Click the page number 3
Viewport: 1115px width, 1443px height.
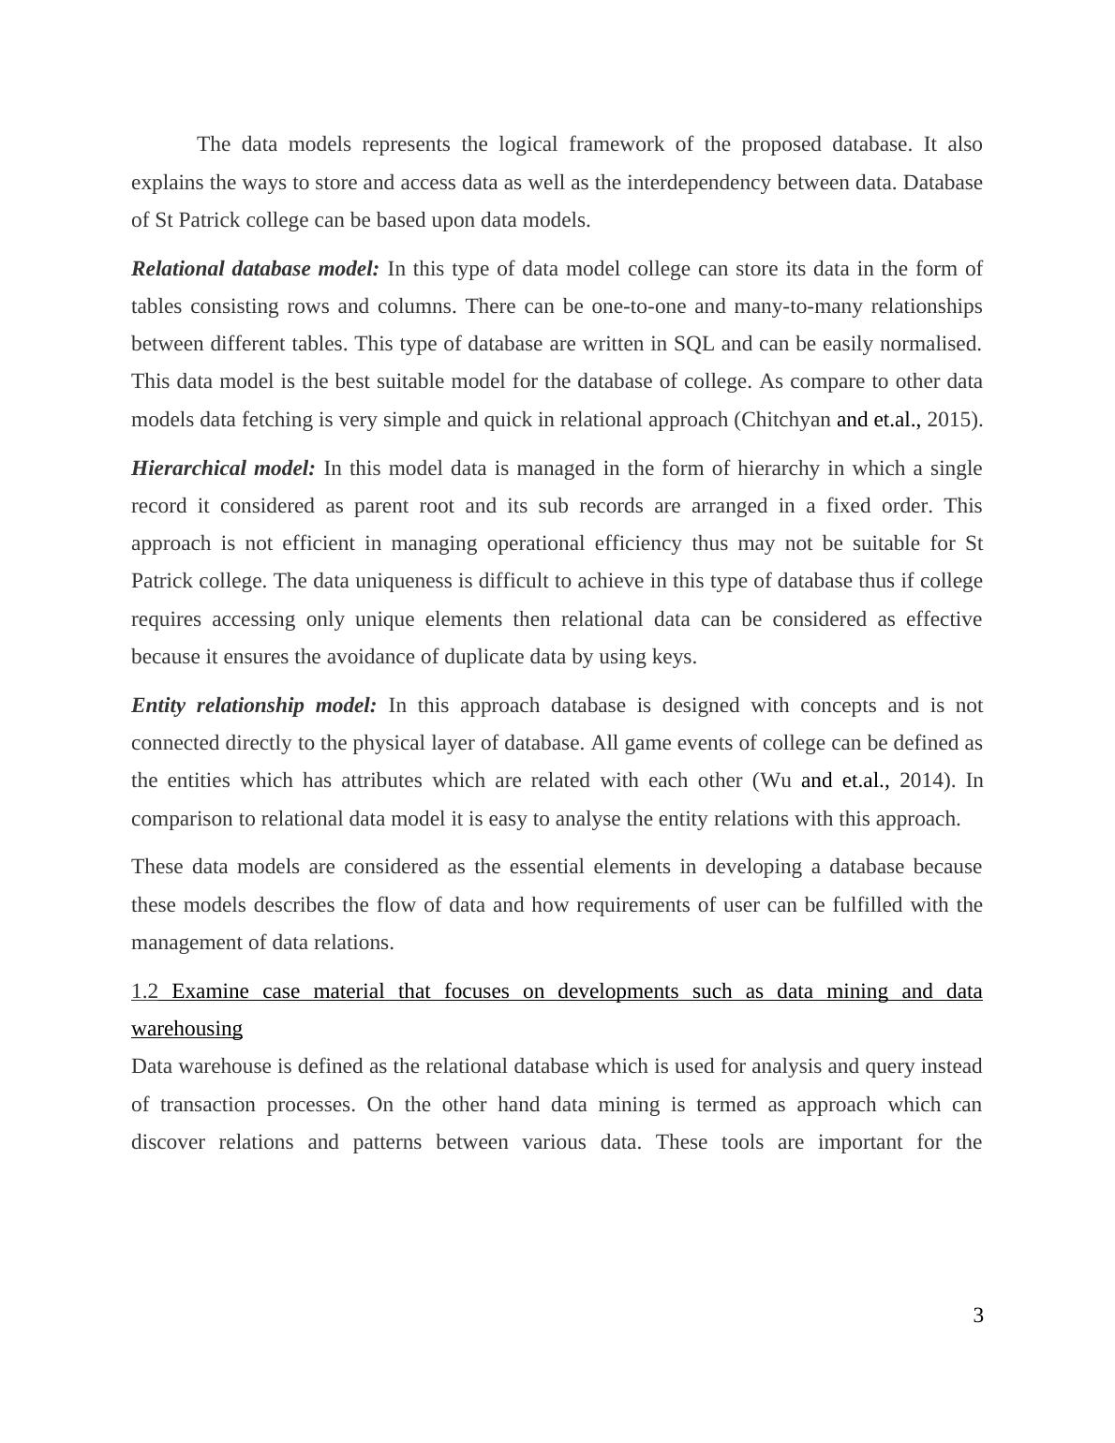click(978, 1316)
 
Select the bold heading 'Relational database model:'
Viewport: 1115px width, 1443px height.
click(255, 269)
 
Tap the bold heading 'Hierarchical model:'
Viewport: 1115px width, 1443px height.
click(223, 469)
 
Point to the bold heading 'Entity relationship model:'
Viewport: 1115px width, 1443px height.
click(253, 706)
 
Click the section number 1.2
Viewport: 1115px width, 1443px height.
click(145, 991)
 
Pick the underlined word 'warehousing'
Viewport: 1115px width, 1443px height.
click(186, 1029)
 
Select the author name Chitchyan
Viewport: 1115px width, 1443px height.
click(785, 420)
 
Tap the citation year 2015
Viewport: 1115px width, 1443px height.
click(951, 420)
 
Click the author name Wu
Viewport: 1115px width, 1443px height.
click(775, 781)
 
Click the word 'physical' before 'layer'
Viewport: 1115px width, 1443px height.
click(388, 743)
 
